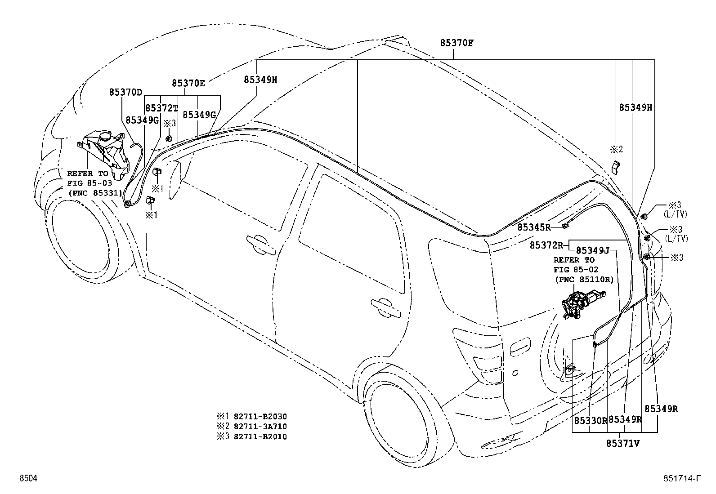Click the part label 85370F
coord(456,43)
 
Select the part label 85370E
coord(188,83)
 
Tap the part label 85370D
coord(125,92)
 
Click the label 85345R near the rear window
coord(534,227)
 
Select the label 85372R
coord(546,245)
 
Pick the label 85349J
coord(592,250)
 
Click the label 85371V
coord(623,444)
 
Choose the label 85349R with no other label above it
coord(661,409)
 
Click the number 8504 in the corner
coord(28,479)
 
